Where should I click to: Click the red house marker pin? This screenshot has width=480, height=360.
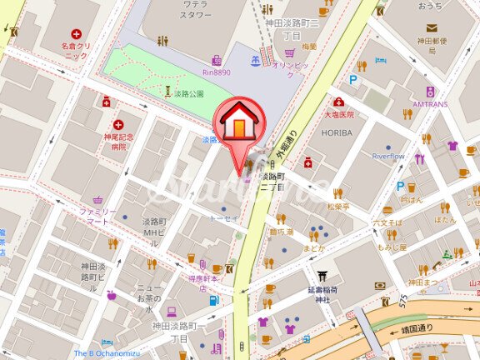coord(240,124)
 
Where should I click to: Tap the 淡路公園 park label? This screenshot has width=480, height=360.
coord(191,93)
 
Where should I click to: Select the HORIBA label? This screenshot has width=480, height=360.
coord(337,132)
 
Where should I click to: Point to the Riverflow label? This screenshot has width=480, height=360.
coord(387,155)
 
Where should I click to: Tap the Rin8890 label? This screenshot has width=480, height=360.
coord(207,72)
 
